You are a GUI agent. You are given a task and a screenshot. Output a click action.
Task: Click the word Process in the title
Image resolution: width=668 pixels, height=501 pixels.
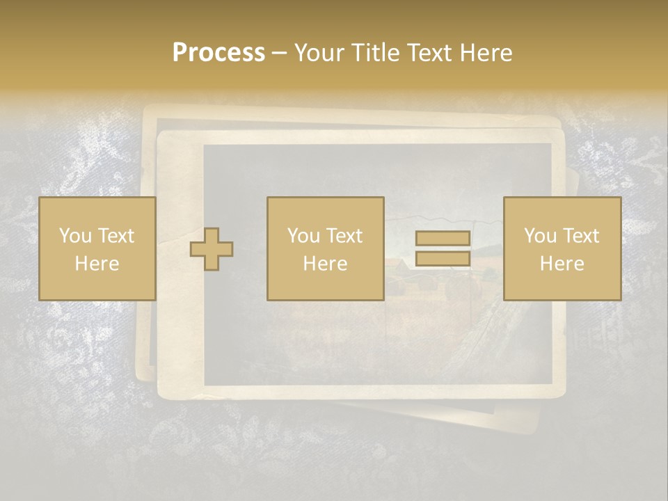click(218, 53)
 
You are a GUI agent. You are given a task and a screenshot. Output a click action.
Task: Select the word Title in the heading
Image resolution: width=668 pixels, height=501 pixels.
click(376, 53)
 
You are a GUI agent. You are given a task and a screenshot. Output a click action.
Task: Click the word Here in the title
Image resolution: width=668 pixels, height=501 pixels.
click(486, 53)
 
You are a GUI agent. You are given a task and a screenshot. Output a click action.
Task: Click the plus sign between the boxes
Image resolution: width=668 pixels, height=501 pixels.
click(212, 249)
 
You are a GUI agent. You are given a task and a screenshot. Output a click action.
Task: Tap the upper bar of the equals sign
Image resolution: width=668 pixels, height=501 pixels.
click(443, 239)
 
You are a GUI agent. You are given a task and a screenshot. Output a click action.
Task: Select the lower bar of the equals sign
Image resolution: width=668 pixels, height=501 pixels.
click(443, 259)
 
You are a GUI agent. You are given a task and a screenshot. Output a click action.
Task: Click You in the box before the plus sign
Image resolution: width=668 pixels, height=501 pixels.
click(74, 236)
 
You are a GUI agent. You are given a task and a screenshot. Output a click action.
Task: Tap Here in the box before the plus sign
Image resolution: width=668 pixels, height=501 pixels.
click(97, 264)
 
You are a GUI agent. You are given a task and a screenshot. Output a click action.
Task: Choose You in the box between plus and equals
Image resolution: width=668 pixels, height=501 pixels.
click(303, 236)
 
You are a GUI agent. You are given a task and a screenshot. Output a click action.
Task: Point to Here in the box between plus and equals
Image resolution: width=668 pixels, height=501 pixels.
click(325, 264)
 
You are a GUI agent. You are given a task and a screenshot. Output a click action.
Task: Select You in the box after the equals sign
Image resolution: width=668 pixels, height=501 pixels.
click(540, 236)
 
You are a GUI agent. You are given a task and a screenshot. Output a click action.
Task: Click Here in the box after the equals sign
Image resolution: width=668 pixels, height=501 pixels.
click(562, 264)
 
